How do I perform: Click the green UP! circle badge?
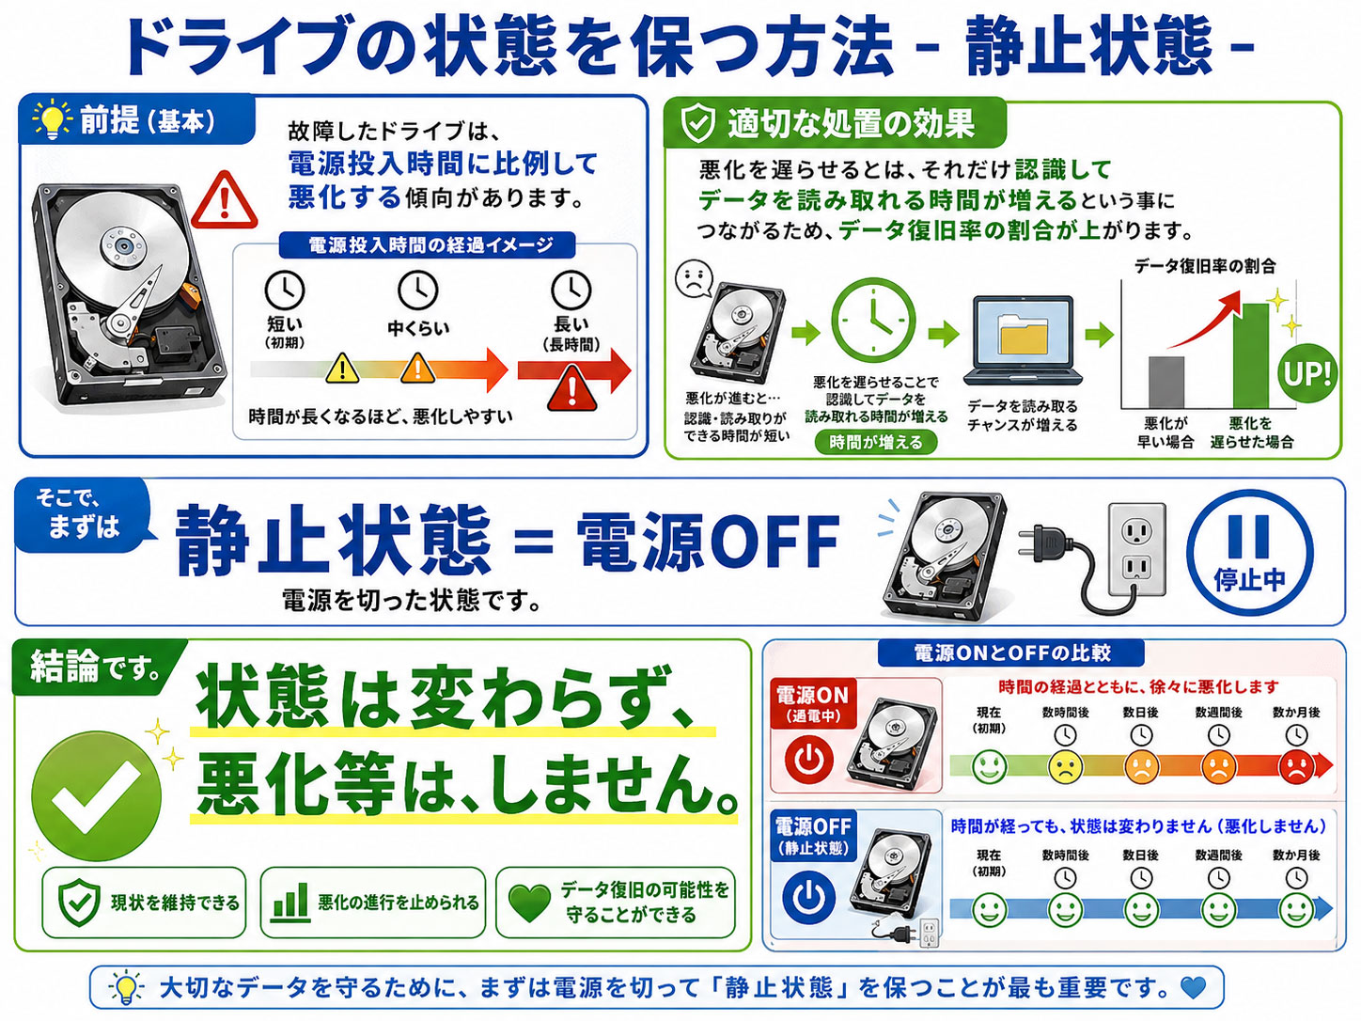1306,373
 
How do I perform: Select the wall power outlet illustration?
1136,551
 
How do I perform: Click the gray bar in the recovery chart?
1166,382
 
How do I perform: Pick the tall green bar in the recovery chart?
1250,355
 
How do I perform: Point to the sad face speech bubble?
694,278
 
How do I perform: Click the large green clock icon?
873,321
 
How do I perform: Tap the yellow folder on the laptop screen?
1023,335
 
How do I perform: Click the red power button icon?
809,760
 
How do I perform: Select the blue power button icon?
808,897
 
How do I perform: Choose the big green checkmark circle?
96,796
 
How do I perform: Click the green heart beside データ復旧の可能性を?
529,903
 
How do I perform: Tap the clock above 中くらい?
417,290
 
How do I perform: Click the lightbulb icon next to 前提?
52,119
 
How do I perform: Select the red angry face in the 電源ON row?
1296,767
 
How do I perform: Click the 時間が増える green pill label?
875,442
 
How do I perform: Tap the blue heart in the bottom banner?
1193,988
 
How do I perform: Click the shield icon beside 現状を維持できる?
79,902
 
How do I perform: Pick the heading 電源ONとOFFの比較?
1011,652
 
